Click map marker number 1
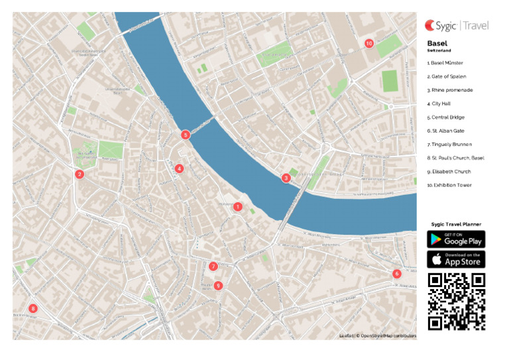coord(237,207)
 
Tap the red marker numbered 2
coord(80,174)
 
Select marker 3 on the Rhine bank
coord(286,178)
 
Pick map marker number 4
coord(179,168)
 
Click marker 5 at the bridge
coord(186,135)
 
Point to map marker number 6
coord(397,274)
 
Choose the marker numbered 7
coord(213,267)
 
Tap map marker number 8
coord(32,308)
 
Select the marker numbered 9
coord(219,286)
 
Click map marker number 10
coord(369,43)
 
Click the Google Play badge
coord(456,239)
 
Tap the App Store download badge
coord(456,259)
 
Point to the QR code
coord(456,302)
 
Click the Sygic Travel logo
coord(457,26)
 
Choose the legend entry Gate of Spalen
coord(447,76)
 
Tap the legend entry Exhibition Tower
coord(449,185)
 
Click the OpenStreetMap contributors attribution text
coord(388,336)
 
